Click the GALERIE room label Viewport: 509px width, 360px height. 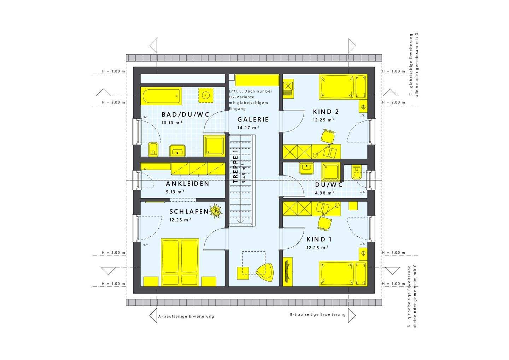pos(253,119)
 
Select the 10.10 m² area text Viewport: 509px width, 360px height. pos(172,123)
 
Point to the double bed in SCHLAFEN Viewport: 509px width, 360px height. pos(180,262)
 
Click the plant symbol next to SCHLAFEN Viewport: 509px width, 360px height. pos(216,211)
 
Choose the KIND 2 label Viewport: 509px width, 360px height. pos(326,112)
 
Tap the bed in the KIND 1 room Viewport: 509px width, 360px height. pos(343,273)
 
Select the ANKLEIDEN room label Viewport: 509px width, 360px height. pos(187,183)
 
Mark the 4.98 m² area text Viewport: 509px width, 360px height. pos(324,193)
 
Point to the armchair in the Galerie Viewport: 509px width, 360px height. pos(264,272)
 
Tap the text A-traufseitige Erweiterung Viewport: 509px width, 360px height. pos(186,316)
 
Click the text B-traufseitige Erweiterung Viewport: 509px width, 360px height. pos(318,314)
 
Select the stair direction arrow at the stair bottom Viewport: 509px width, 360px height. pos(240,221)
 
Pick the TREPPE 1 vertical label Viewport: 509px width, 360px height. pos(235,166)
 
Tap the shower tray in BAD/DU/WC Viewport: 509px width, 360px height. pos(214,146)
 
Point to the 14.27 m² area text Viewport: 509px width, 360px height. pos(248,128)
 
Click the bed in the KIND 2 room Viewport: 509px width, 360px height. pos(343,87)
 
